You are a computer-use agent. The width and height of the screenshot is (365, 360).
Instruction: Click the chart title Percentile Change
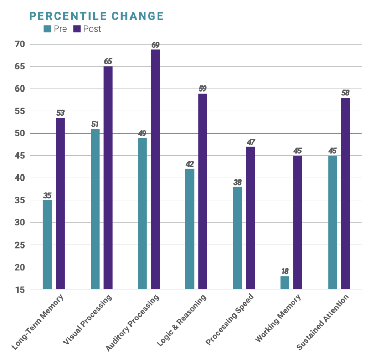96,16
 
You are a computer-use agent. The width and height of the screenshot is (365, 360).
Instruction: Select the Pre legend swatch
47,29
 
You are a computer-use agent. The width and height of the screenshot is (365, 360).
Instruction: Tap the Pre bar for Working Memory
285,282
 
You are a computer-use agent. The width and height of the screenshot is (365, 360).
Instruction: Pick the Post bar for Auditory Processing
155,169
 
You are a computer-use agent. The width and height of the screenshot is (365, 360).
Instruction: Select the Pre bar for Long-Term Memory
47,245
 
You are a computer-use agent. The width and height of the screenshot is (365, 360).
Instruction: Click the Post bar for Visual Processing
108,177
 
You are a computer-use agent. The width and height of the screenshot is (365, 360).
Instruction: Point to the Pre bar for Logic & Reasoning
190,229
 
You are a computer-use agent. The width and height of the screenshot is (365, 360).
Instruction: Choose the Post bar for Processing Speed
250,218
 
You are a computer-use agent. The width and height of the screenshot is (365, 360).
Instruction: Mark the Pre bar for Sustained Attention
333,222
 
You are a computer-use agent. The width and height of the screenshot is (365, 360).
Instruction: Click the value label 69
155,45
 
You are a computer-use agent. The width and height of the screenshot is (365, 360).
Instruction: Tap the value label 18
285,271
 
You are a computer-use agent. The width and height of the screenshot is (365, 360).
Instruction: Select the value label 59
202,89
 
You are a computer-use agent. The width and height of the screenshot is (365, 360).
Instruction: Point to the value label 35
47,195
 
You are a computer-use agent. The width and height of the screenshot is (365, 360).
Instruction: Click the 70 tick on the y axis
19,44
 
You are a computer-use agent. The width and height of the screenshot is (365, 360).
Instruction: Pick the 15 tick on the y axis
19,289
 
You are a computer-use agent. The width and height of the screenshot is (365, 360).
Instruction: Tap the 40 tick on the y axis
19,178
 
